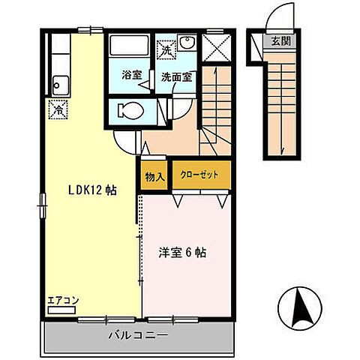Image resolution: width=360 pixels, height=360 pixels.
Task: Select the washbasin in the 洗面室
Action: click(x=188, y=43)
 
